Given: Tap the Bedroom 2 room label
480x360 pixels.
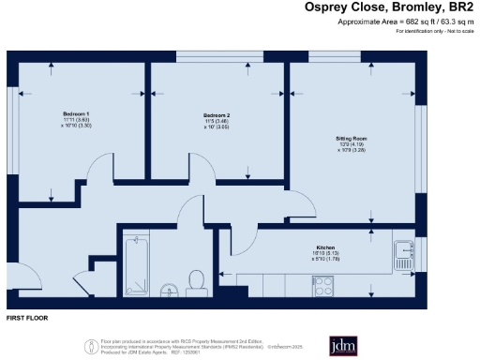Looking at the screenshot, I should (217, 114).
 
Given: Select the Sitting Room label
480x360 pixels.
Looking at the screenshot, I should (352, 138).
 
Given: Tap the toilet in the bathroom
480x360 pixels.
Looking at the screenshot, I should (197, 280).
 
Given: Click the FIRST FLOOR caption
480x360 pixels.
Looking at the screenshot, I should (27, 319).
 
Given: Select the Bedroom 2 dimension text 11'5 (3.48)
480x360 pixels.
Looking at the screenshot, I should (217, 121).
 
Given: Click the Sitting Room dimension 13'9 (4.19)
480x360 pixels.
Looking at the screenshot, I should (352, 144).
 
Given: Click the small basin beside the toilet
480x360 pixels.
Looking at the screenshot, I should (170, 287).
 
